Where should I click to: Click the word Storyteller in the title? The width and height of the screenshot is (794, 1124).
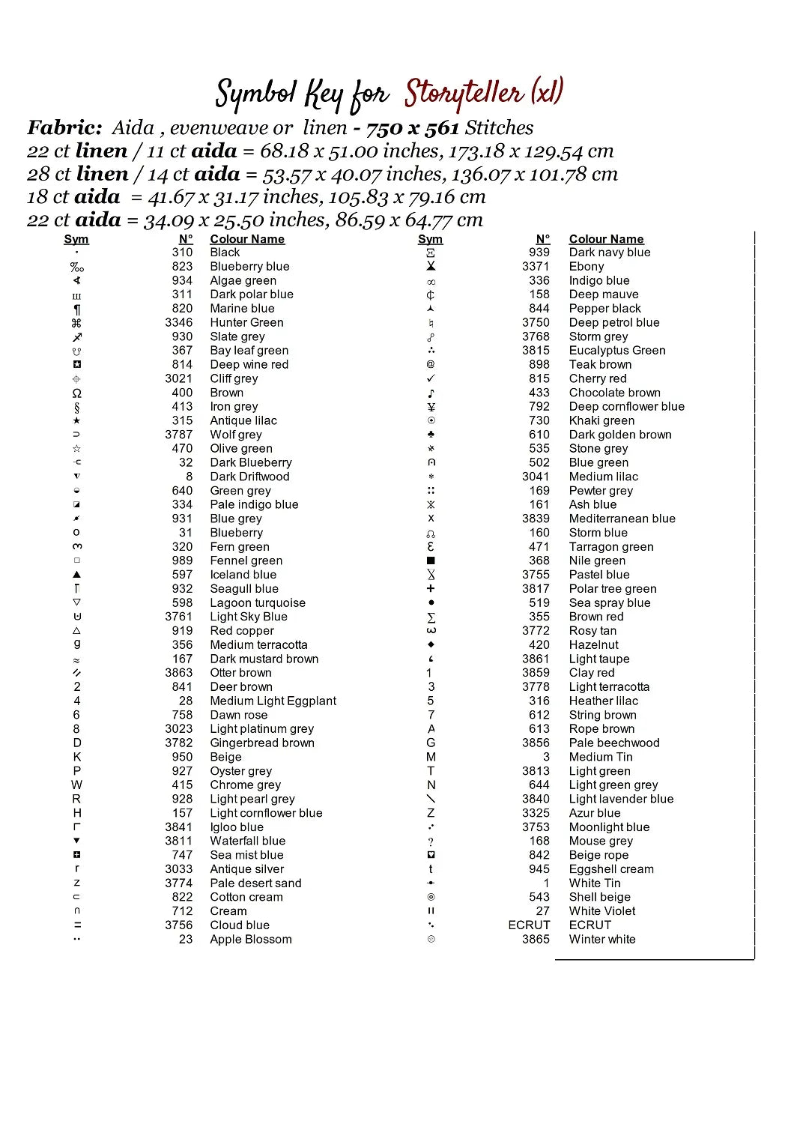click(464, 94)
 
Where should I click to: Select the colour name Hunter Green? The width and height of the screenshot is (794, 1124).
click(246, 322)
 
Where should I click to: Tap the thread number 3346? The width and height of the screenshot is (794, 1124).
click(179, 322)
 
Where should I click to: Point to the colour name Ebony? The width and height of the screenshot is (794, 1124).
click(587, 266)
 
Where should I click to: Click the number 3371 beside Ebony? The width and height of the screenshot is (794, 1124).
click(536, 266)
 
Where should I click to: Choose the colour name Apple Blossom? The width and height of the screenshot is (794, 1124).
click(251, 939)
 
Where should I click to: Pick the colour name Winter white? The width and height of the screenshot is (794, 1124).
click(602, 939)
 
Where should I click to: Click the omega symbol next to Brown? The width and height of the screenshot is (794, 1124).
click(76, 393)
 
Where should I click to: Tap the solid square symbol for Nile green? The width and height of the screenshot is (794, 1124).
click(431, 561)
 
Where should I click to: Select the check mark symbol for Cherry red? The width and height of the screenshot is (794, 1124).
click(431, 378)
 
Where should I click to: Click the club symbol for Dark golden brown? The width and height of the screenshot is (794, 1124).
click(431, 435)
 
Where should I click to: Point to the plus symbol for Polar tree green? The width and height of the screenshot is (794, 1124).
click(431, 588)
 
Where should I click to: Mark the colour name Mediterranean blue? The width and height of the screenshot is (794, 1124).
click(622, 519)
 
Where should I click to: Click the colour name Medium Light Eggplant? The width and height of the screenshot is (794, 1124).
click(273, 701)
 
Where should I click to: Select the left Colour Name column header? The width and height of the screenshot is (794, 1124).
click(247, 239)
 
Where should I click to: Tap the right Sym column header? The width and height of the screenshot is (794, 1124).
click(430, 239)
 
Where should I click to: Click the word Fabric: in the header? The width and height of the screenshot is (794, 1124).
click(65, 127)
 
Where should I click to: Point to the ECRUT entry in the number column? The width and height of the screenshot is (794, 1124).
click(529, 925)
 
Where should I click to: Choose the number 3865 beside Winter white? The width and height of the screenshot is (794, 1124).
click(536, 939)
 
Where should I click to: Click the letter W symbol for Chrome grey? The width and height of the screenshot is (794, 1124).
click(76, 785)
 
